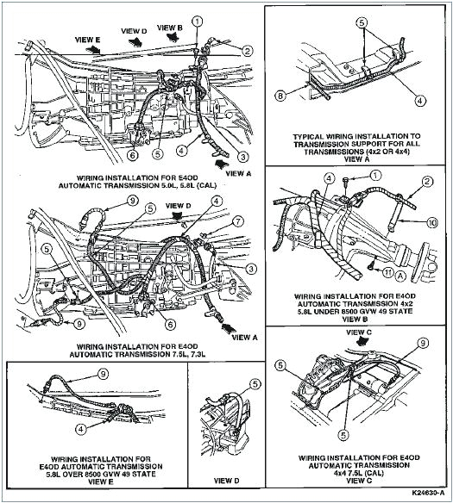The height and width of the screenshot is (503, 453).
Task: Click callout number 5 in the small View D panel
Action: (255, 384)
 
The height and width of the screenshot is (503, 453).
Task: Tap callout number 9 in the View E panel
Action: (102, 375)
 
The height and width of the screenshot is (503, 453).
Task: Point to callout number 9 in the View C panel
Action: (424, 344)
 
